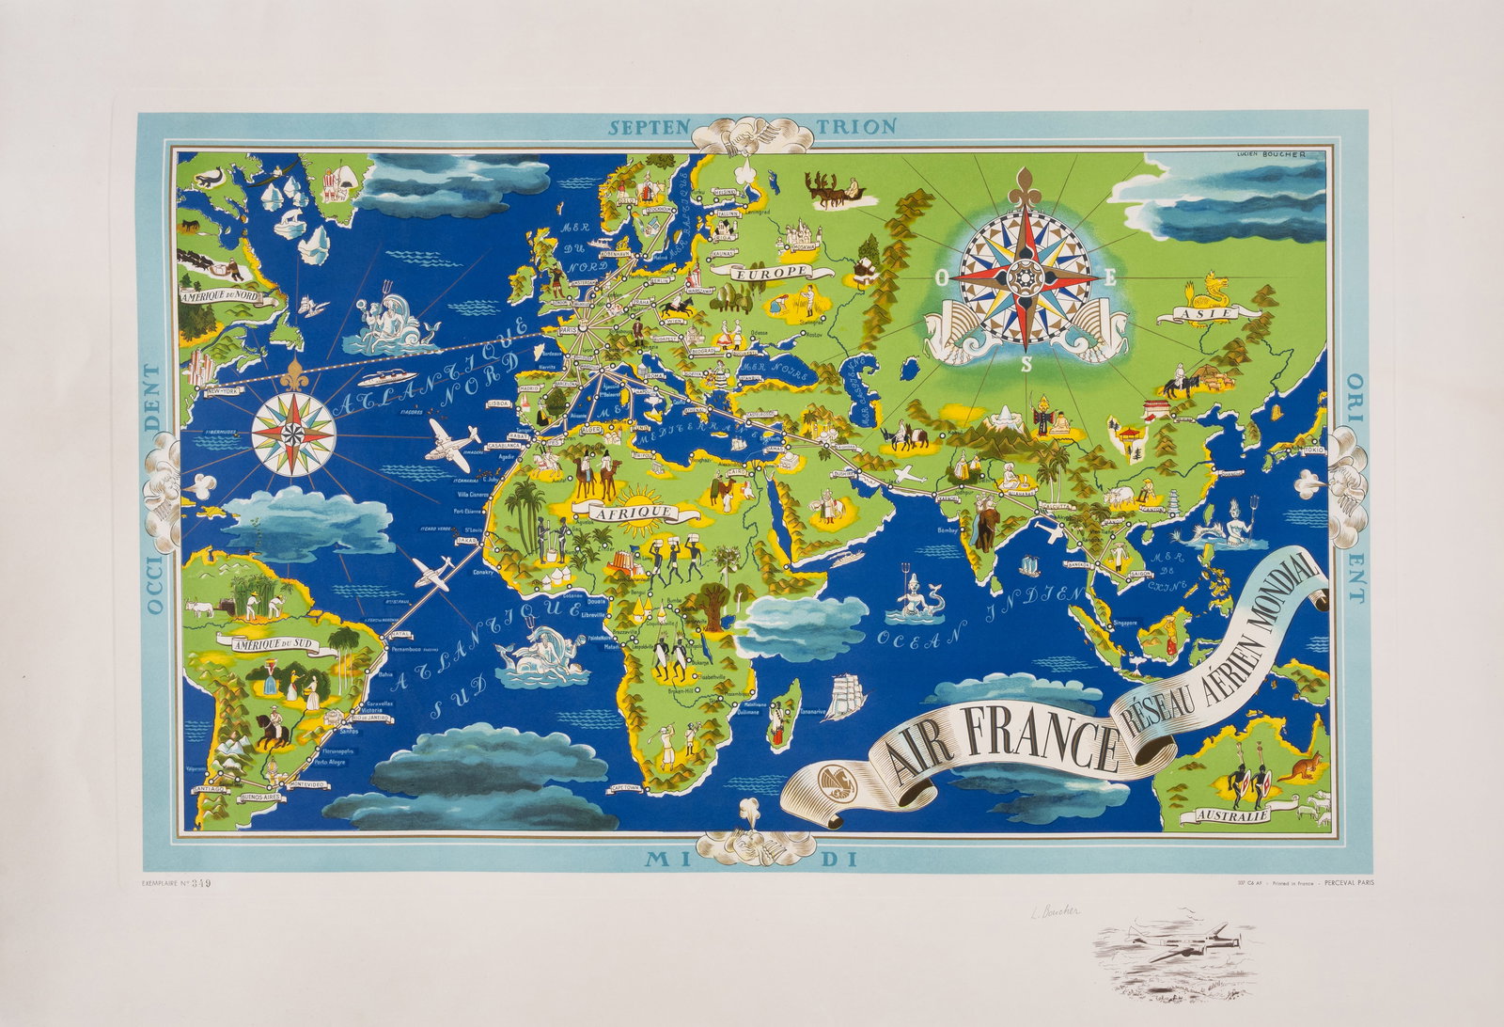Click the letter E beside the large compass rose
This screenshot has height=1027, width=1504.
[1110, 276]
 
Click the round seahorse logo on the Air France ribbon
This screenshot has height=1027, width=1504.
[832, 782]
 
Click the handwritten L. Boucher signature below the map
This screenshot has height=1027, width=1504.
[1049, 910]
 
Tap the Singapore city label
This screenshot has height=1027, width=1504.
[1123, 623]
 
